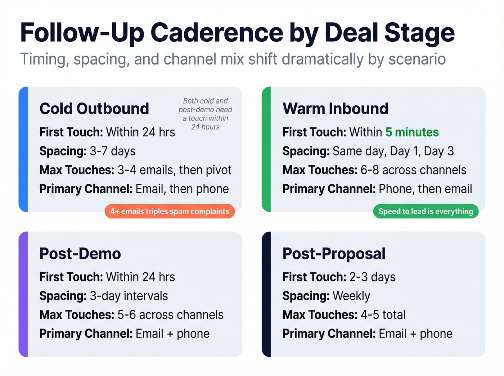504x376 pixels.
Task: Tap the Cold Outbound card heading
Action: [x=94, y=109]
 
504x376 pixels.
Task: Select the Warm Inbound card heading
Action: [x=335, y=109]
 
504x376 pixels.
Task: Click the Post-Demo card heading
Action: [x=80, y=254]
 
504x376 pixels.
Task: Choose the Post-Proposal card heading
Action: [x=334, y=254]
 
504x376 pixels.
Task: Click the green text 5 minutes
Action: [x=412, y=132]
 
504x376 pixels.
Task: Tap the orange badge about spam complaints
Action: [x=170, y=212]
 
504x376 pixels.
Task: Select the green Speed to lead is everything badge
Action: [x=426, y=212]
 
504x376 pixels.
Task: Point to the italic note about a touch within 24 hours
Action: [x=206, y=114]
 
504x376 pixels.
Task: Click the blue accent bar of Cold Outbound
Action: [x=23, y=149]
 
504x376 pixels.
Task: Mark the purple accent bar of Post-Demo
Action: [x=23, y=294]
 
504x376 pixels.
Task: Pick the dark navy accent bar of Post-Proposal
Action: [x=266, y=294]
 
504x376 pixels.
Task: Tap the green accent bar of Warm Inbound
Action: [x=266, y=149]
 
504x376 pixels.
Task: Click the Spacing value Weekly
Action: [x=351, y=296]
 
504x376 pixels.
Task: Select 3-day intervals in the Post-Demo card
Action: [x=129, y=296]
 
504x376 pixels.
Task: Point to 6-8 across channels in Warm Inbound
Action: [x=413, y=170]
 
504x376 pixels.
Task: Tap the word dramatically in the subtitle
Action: [x=323, y=59]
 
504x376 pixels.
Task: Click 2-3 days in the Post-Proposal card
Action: [x=372, y=277]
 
